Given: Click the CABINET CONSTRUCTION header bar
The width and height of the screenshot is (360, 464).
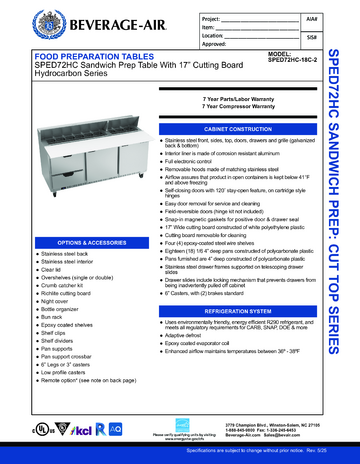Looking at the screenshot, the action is coord(234,130).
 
